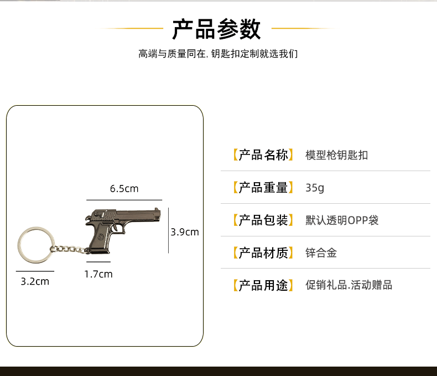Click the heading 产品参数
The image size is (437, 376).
coord(216,29)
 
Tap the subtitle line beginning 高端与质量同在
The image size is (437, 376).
coord(218,54)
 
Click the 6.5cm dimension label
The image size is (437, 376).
coord(124,189)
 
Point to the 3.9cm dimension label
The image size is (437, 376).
coord(184,232)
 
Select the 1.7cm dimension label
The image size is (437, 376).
coord(98,274)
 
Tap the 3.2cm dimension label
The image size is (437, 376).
coord(35,281)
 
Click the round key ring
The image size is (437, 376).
coord(35,244)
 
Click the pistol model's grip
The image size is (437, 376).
coord(100,241)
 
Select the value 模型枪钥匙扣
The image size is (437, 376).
coord(336,155)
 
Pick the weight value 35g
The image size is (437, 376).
coord(315,188)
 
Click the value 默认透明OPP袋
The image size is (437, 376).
coord(342,220)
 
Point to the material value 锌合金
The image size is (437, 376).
coord(321,253)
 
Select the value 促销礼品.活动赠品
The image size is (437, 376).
coord(348,286)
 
